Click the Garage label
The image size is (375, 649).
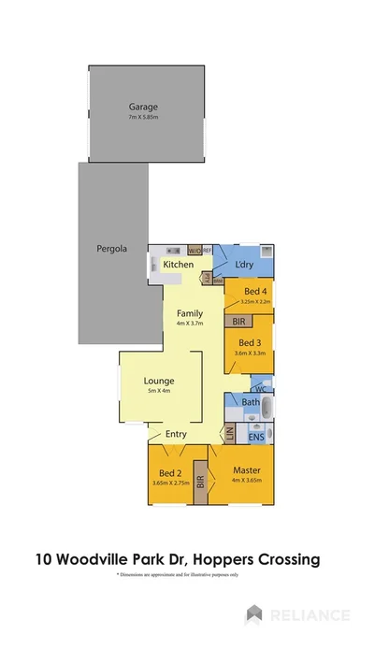click(x=143, y=107)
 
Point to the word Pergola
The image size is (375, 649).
click(x=112, y=249)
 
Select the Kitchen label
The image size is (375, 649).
click(x=179, y=265)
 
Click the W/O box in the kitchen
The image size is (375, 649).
click(x=195, y=251)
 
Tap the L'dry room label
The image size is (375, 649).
click(x=245, y=266)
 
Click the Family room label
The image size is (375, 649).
click(x=191, y=313)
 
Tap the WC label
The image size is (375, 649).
click(x=261, y=386)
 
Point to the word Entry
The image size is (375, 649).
click(x=176, y=434)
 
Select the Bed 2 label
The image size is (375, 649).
click(x=169, y=472)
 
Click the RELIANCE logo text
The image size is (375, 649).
click(x=309, y=614)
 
